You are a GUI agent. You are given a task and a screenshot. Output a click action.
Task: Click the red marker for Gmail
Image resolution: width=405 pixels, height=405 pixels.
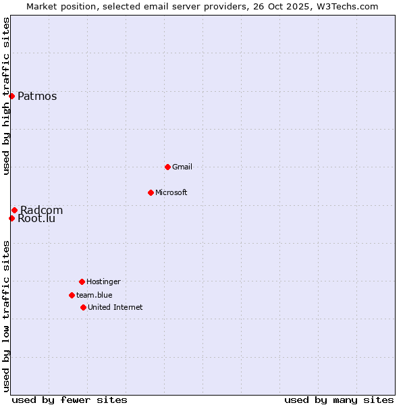click(x=167, y=167)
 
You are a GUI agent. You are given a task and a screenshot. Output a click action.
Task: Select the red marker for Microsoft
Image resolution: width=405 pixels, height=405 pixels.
click(x=151, y=192)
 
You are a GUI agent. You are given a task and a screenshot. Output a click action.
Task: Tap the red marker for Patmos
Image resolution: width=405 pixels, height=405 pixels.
click(x=11, y=96)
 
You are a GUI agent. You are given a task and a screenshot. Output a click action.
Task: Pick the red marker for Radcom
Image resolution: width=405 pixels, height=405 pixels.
click(x=14, y=210)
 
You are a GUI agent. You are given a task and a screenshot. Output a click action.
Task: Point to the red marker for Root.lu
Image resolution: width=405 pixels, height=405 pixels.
click(x=11, y=218)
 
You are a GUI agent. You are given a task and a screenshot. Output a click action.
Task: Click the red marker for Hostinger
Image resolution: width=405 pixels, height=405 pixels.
click(x=82, y=281)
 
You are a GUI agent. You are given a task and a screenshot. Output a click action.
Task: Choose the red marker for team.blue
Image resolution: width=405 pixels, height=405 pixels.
click(x=72, y=295)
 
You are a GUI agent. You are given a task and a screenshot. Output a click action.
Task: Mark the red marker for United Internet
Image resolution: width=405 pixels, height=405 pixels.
click(x=83, y=307)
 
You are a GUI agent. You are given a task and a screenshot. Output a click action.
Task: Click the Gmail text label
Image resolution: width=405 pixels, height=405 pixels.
click(x=182, y=167)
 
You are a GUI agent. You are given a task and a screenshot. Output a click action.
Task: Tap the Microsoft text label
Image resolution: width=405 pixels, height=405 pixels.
click(x=171, y=192)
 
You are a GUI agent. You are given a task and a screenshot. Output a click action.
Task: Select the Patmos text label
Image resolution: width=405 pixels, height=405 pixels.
click(x=37, y=96)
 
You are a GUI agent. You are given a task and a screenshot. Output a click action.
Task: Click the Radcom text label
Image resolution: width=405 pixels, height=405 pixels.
click(x=42, y=210)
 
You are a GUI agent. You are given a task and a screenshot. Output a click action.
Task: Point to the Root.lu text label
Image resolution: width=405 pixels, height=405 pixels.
click(x=36, y=219)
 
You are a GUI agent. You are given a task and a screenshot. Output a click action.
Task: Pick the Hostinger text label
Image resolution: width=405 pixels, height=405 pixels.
click(x=103, y=281)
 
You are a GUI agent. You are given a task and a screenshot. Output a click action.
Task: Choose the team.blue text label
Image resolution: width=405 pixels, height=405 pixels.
click(x=94, y=295)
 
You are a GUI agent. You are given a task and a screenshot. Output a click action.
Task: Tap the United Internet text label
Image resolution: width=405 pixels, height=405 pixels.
click(x=115, y=307)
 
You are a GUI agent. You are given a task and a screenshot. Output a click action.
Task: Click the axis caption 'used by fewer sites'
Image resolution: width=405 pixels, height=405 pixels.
click(x=70, y=400)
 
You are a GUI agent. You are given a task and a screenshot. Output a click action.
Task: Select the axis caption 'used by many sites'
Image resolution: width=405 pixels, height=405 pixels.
click(x=339, y=400)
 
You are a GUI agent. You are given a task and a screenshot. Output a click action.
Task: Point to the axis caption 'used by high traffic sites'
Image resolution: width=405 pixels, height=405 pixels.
click(x=6, y=96)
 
